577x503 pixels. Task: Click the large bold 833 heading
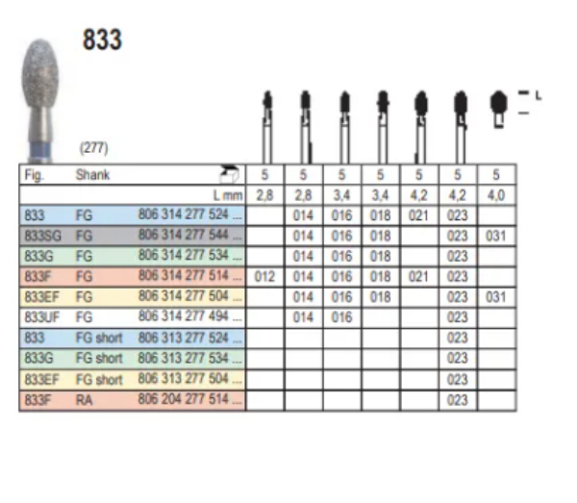point(101,40)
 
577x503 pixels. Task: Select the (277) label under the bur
point(93,149)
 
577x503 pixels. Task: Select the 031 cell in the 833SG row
point(496,235)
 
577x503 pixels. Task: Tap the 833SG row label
point(40,235)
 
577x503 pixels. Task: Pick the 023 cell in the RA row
point(458,398)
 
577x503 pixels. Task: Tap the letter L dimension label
point(539,94)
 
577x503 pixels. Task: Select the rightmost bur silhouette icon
point(497,108)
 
